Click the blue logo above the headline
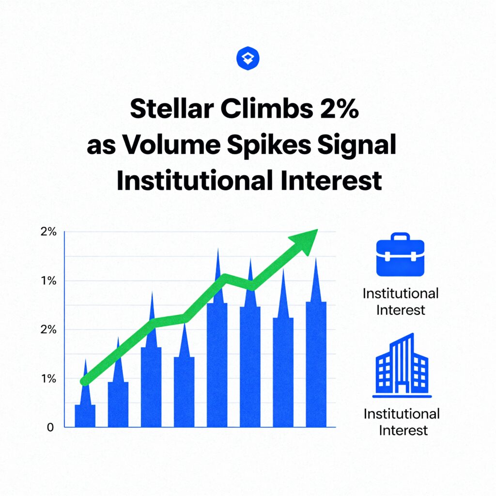pos(248,58)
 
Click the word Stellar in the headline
pos(172,108)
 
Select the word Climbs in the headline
pos(267,108)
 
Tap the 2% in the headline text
pos(340,108)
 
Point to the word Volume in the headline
pos(171,144)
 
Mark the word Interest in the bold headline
pos(331,181)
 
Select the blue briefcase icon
pos(400,254)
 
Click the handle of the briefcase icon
pos(400,236)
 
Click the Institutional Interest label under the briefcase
pos(401,302)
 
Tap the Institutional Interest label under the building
pos(402,422)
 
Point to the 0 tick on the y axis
pos(50,427)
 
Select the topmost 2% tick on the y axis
pos(48,232)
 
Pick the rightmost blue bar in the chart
pos(316,364)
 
